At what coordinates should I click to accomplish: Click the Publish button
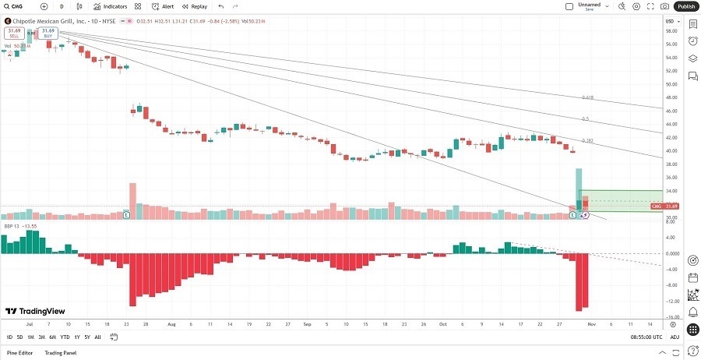point(685,6)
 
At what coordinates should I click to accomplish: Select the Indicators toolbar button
point(111,6)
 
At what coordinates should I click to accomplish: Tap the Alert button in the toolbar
point(164,6)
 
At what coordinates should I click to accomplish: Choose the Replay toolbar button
point(195,6)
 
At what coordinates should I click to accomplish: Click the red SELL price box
point(13,33)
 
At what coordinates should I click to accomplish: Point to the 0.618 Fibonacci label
point(588,97)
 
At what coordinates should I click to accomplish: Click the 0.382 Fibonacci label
point(588,141)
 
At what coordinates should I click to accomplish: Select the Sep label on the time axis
point(307,323)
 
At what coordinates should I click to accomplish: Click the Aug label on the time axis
point(171,323)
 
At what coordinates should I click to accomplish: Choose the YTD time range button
point(65,337)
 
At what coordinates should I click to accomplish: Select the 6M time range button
point(52,337)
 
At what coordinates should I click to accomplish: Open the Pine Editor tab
point(19,353)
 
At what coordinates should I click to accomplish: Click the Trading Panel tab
point(60,353)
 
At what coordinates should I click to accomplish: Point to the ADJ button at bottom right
point(674,337)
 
